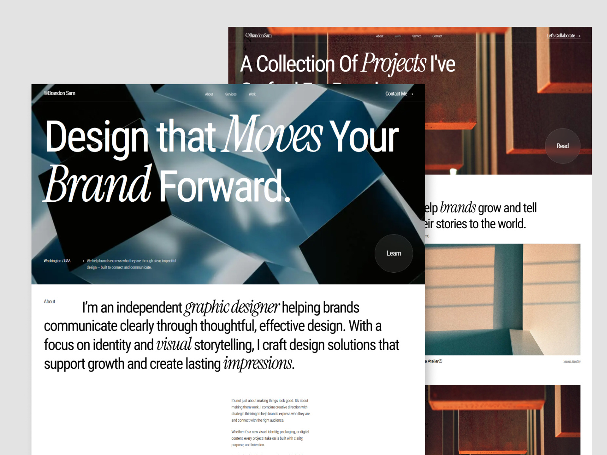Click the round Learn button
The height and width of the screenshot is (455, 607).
tap(393, 253)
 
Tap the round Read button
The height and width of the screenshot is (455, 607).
tap(562, 146)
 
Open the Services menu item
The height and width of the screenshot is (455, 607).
tap(231, 94)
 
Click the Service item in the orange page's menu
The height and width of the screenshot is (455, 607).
tap(417, 36)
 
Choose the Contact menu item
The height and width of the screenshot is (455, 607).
tap(437, 36)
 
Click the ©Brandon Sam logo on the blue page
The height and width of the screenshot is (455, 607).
tap(60, 93)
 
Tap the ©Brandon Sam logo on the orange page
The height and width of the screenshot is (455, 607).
tap(258, 35)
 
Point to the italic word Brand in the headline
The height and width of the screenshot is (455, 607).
tap(98, 185)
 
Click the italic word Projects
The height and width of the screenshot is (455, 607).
tap(394, 63)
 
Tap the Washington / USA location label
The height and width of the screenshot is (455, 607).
tap(57, 261)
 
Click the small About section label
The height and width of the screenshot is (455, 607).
tap(49, 301)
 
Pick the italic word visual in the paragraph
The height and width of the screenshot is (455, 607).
tap(174, 344)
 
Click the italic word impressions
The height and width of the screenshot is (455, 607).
tap(258, 363)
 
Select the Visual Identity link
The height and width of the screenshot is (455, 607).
tap(572, 361)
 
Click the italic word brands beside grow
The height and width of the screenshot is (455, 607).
tap(458, 207)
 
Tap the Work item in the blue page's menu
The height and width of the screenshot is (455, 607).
tap(252, 94)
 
